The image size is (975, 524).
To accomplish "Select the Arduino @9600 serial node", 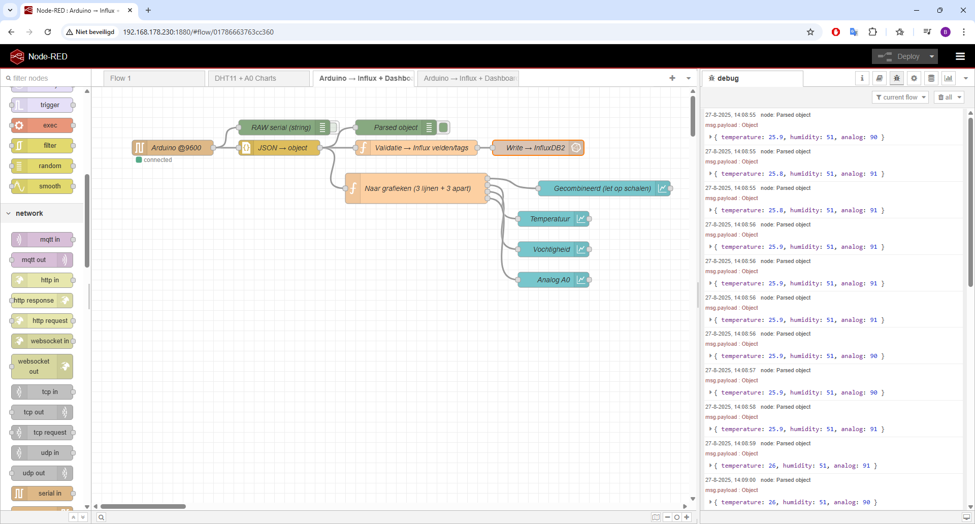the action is coord(173,148).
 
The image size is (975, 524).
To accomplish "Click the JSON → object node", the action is coord(279,148).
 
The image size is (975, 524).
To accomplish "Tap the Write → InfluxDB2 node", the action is coord(538,148).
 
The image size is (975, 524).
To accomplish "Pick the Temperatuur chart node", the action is coord(554,219).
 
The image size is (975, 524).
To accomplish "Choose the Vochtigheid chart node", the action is coord(554,249).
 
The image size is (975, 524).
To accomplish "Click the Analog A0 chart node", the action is coord(554,280).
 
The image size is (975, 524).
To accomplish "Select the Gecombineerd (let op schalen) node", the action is coord(604,188).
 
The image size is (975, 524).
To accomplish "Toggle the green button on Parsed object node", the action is coord(443,127).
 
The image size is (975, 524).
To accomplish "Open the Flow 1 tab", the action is coord(154,78).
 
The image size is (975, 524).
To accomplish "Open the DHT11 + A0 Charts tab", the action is coord(259,78).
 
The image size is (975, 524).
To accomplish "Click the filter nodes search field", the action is coord(46,78).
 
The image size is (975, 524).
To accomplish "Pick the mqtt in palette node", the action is coord(42,240).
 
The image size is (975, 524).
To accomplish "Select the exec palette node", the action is coord(42,125).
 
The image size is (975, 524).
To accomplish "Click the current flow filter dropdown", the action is coord(900,97).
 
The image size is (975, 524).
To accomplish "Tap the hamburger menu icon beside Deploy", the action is coord(960,56).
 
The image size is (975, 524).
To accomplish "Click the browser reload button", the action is coord(48,32).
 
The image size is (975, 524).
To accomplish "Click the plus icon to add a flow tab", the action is coord(672,78).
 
